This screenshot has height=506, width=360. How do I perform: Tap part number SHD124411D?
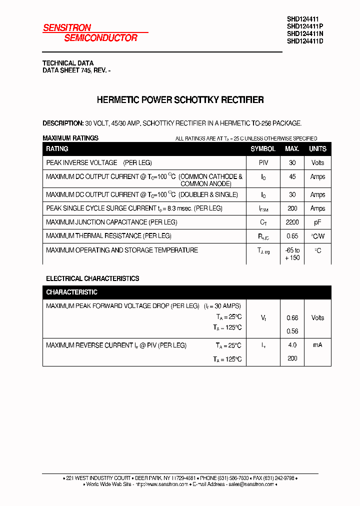pos(305,41)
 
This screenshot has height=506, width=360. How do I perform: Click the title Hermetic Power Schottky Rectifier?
pos(180,100)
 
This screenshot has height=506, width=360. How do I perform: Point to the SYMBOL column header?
pos(263,149)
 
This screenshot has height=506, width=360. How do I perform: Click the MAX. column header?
pos(292,149)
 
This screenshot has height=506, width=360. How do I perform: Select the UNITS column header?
pos(317,149)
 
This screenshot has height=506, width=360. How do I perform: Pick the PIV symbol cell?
pos(263,163)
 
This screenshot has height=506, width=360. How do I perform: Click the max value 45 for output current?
pos(292,177)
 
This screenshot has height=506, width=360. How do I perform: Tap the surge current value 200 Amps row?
pos(292,208)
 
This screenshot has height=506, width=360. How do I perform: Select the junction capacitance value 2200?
pos(292,222)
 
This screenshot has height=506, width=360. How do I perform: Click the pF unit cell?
pos(317,222)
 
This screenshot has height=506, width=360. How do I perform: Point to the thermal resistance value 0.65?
pos(292,236)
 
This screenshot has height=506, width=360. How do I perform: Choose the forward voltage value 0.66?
pos(292,318)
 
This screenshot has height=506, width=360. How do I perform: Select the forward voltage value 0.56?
pos(292,331)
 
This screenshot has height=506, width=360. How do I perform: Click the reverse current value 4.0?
pos(292,345)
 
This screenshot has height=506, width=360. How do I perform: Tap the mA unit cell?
pos(317,345)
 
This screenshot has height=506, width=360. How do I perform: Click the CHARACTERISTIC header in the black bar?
pos(71,292)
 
